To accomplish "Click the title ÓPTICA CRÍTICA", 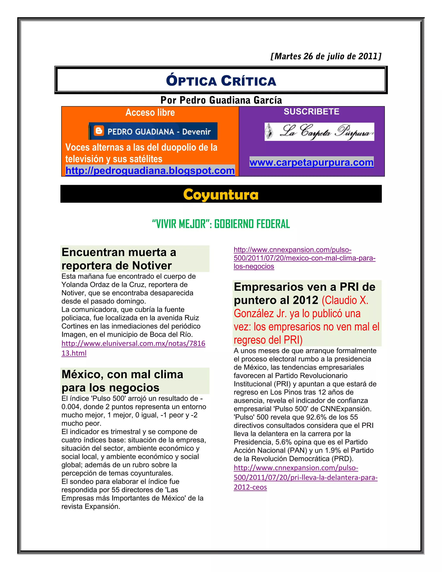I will click(221, 81).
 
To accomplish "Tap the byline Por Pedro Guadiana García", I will click(221, 100).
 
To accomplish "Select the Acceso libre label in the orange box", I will click(150, 112).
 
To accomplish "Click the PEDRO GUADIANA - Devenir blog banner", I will click(153, 131).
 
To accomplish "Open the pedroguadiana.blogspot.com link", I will click(150, 171).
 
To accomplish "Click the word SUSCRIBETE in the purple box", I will click(311, 112).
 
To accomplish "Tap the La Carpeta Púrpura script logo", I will click(319, 132).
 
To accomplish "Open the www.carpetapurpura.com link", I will click(311, 162).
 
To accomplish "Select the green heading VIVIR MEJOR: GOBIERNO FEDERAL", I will click(221, 224).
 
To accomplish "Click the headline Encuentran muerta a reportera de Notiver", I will click(119, 259).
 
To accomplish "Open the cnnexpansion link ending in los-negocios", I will click(304, 258).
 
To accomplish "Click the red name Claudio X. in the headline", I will click(345, 300).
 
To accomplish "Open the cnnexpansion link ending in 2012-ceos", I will click(305, 477).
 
